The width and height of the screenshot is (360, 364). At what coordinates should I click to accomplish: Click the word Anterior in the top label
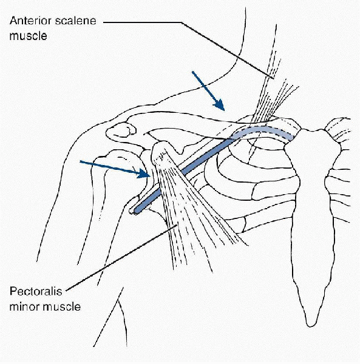click(x=30, y=21)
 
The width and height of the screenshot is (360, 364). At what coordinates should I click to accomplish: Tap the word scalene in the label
click(x=76, y=21)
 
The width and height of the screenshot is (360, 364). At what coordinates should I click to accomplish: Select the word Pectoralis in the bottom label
click(x=36, y=291)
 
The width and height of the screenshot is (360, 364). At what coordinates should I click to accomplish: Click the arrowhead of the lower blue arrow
click(x=143, y=174)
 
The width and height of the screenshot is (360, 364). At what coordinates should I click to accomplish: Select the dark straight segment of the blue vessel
click(x=185, y=174)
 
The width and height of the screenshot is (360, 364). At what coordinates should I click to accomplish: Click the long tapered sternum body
click(x=313, y=209)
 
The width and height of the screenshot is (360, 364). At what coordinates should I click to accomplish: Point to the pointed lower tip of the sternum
click(x=311, y=326)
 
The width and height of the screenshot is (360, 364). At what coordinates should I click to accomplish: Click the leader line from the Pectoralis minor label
click(x=121, y=258)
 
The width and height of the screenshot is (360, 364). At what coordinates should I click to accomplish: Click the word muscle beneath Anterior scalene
click(x=28, y=36)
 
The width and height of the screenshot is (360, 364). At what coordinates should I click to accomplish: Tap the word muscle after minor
click(x=62, y=306)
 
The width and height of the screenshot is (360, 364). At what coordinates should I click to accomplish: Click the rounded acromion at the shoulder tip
click(x=121, y=130)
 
